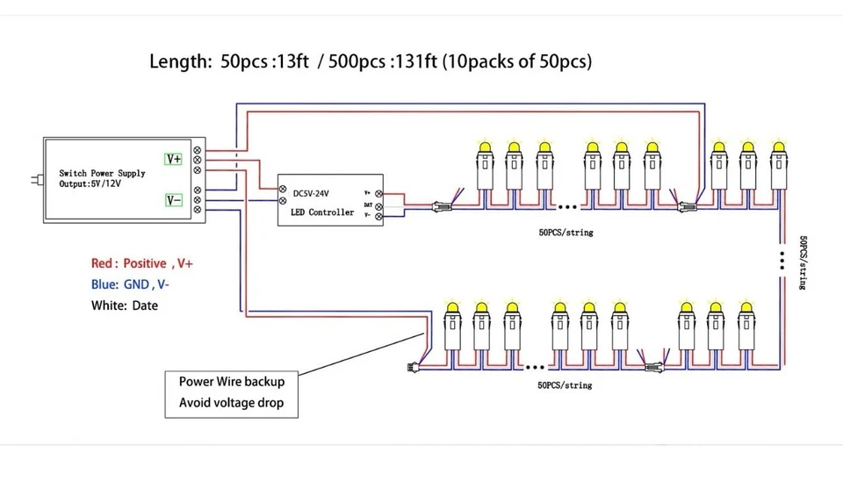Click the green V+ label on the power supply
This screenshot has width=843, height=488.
[174, 160]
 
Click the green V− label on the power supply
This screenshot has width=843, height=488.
[174, 200]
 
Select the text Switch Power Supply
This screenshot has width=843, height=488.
[102, 173]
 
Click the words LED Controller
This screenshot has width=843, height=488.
[321, 212]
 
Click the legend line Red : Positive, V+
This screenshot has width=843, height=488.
[141, 263]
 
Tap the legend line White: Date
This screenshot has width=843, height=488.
[125, 305]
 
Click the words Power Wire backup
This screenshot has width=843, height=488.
[232, 382]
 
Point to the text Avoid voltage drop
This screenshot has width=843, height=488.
[232, 404]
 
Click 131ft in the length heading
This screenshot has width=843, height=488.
[417, 61]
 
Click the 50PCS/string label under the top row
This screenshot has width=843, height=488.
[566, 233]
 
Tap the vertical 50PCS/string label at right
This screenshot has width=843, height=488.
[803, 263]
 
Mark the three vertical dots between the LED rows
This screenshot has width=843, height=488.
[781, 261]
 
